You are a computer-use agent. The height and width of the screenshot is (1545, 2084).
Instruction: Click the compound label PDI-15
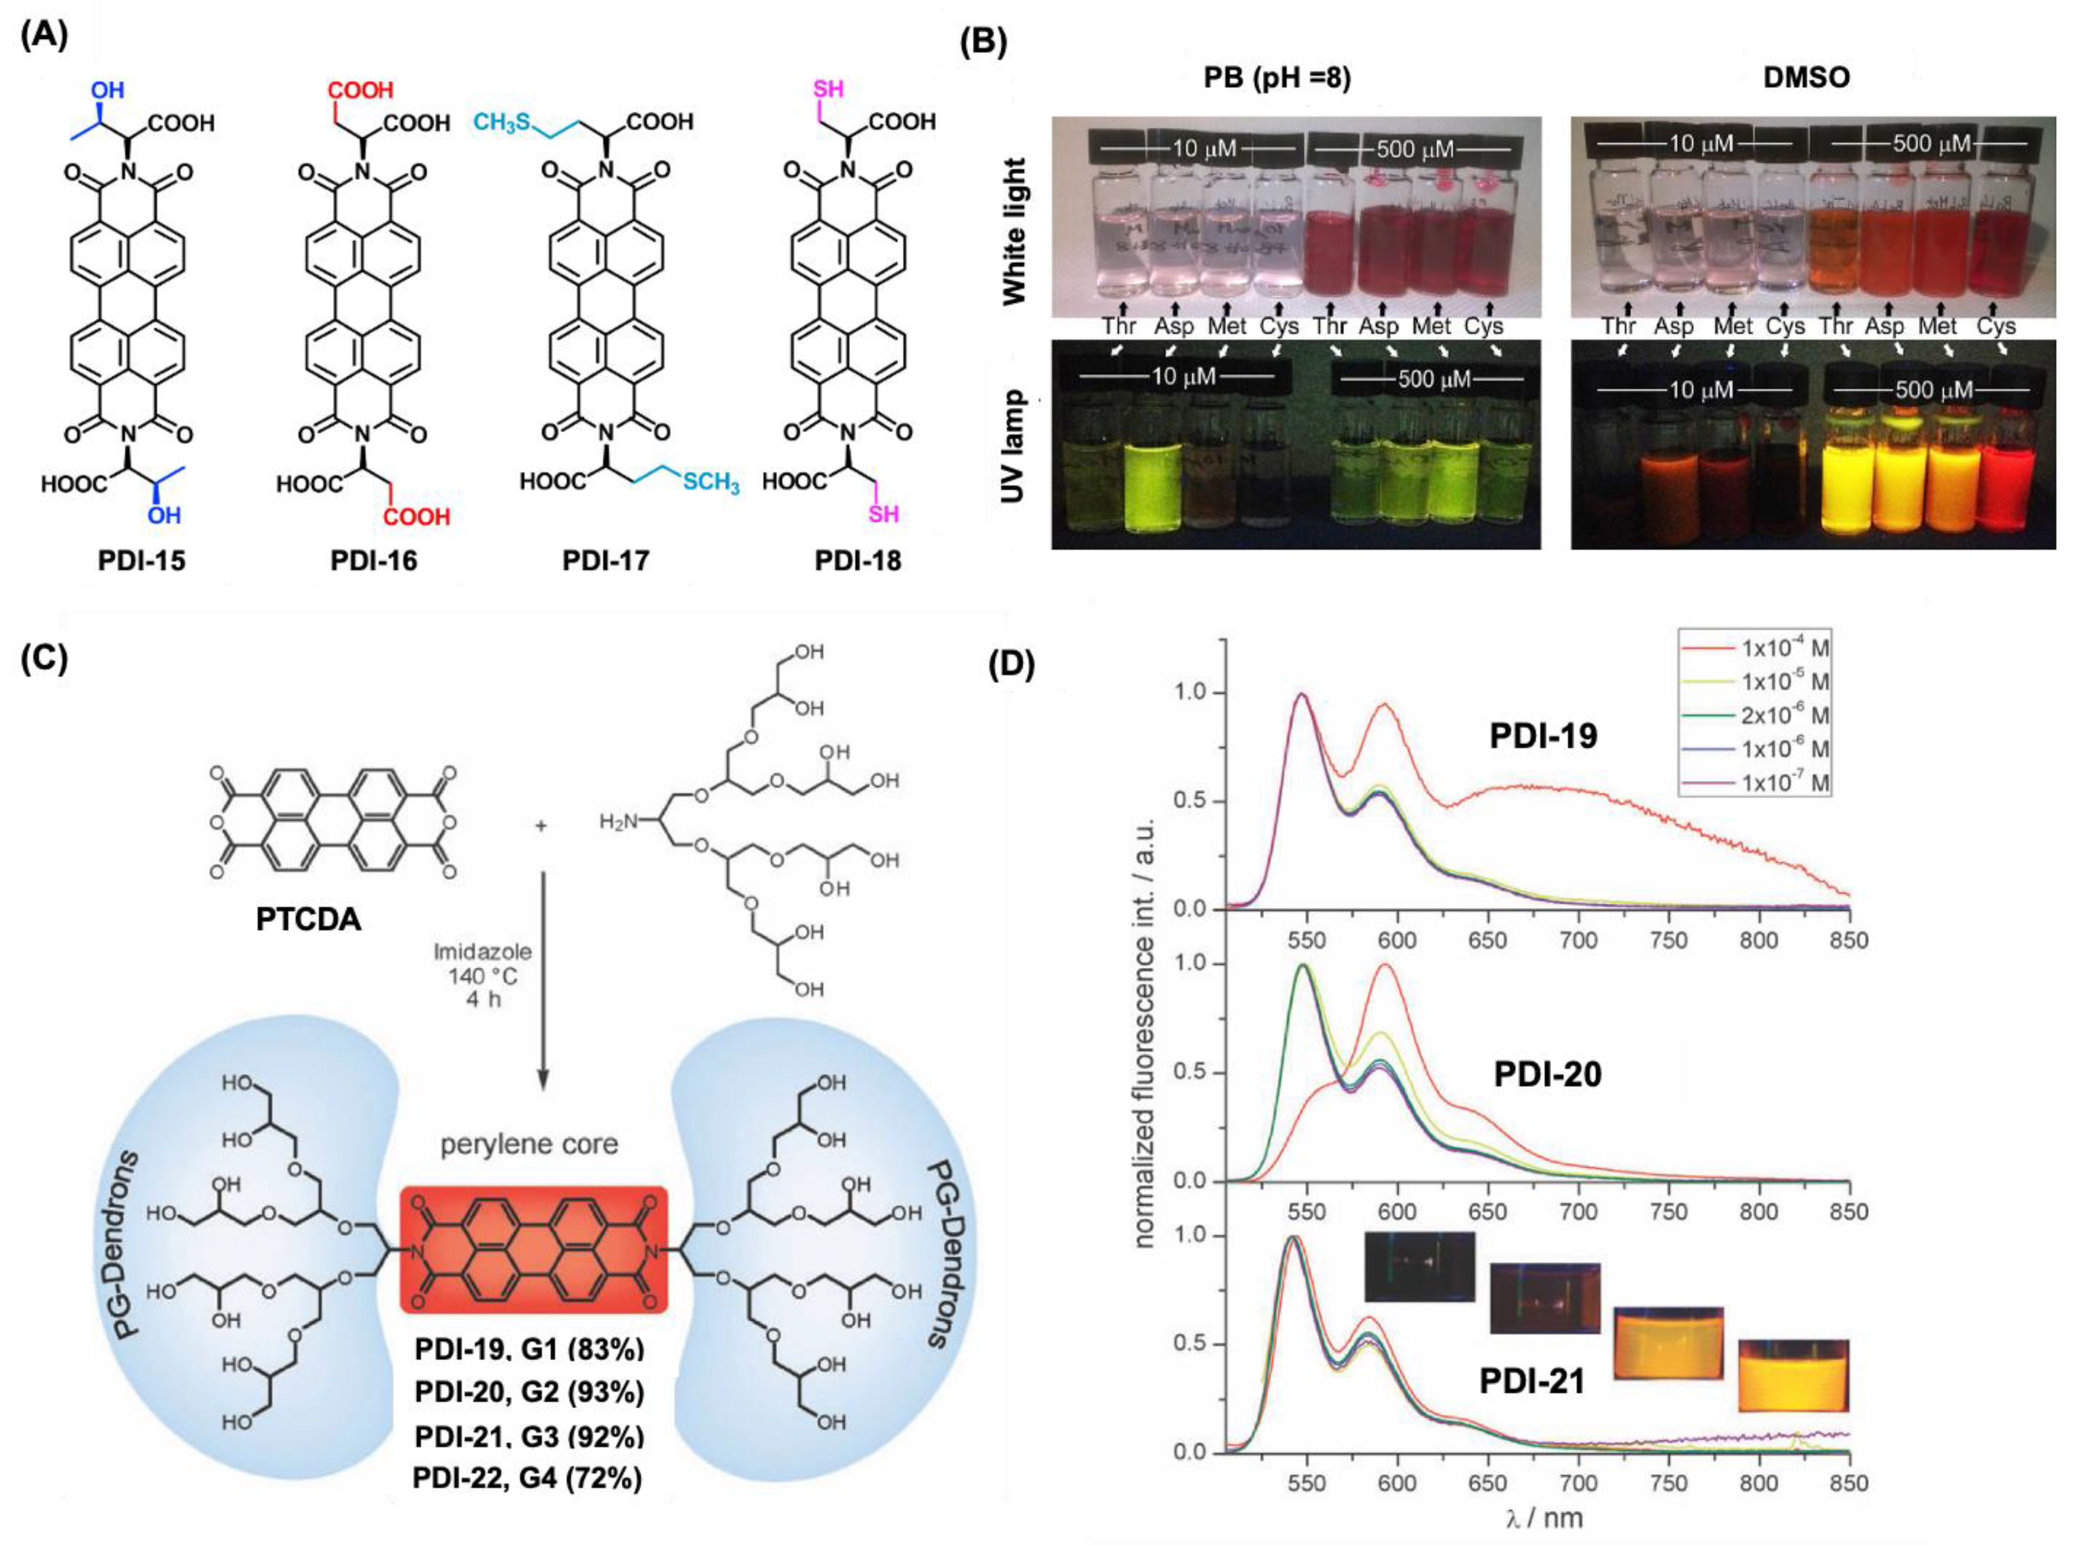(142, 560)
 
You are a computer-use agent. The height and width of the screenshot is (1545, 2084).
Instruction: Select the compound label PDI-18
(857, 560)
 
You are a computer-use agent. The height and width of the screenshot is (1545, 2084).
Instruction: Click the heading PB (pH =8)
(1277, 78)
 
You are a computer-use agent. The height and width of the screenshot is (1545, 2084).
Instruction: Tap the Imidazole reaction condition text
(483, 952)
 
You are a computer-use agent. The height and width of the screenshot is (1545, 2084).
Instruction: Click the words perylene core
(529, 1145)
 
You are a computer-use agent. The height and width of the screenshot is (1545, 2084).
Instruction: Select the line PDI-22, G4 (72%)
(527, 1478)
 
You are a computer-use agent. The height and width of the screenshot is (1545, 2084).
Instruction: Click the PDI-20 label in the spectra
(1548, 1074)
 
